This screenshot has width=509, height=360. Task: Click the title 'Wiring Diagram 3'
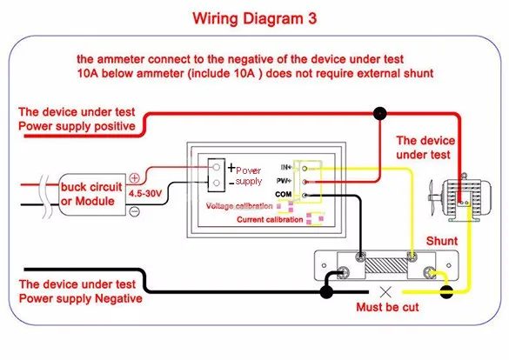[x=254, y=18]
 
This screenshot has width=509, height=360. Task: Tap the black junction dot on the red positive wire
[x=379, y=114]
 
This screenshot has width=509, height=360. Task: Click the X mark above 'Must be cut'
[x=385, y=292]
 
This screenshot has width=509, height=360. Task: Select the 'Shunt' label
[x=442, y=241]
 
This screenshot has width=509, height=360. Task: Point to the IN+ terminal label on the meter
[x=286, y=167]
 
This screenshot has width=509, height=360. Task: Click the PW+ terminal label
[x=284, y=181]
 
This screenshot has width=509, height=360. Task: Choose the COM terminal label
[x=283, y=194]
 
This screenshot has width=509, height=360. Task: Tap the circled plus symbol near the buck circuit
[x=134, y=177]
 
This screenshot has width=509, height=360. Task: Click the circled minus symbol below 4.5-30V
[x=134, y=212]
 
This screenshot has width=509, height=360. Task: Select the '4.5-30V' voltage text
[x=144, y=194]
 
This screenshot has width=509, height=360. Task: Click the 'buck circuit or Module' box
[x=92, y=194]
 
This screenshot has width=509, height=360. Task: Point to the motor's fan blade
[x=432, y=197]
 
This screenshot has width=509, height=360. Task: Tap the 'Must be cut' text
[x=387, y=307]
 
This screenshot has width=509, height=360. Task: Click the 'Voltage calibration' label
[x=239, y=206]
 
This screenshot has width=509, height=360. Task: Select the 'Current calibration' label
[x=270, y=220]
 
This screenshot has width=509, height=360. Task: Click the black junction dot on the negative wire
[x=326, y=292]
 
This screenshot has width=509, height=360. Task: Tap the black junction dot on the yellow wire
[x=446, y=292]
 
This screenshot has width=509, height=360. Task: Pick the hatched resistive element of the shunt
[x=386, y=266]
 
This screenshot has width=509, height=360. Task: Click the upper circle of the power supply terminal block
[x=216, y=167]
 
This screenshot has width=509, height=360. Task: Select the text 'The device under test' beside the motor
[x=425, y=148]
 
